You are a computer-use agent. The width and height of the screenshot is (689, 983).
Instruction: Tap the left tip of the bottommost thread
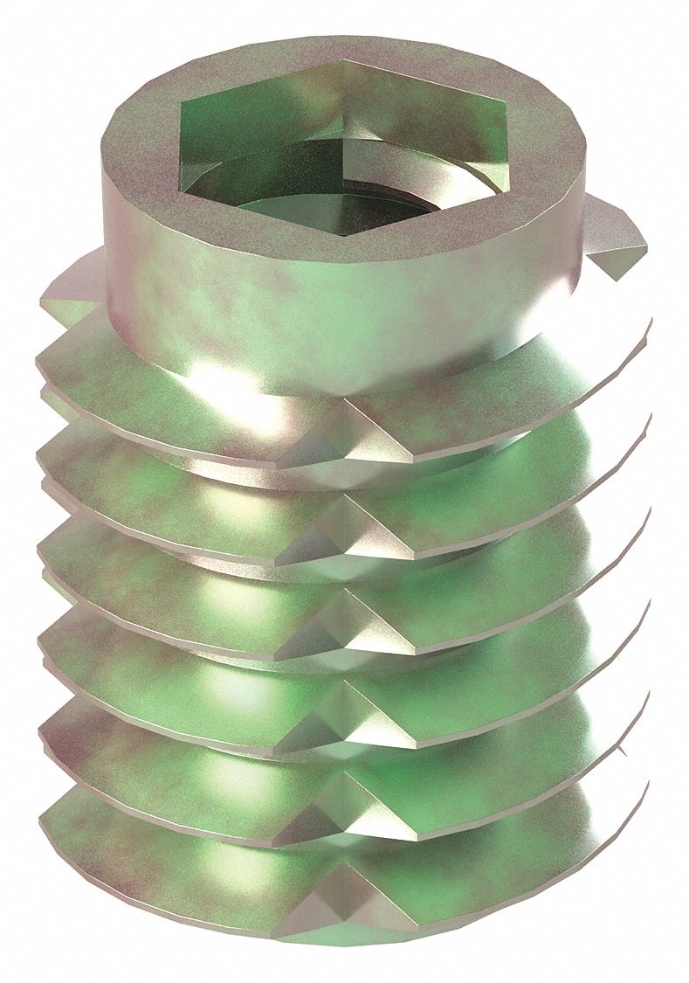tap(44, 826)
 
